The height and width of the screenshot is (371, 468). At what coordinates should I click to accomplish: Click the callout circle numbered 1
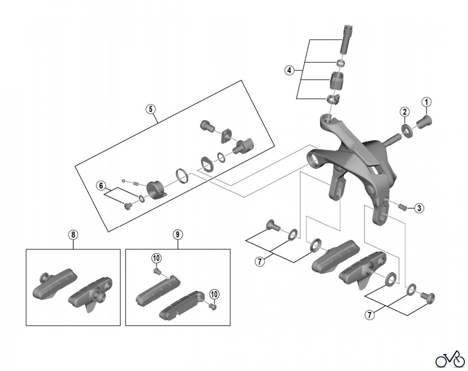coord(426,102)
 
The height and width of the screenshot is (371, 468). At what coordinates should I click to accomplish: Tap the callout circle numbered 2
coord(405,112)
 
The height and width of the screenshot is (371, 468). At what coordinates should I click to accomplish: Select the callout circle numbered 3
coord(419,208)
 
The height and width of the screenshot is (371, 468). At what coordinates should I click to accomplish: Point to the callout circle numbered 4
coord(289,70)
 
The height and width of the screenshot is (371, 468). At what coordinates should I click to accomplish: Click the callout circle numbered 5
coord(151,109)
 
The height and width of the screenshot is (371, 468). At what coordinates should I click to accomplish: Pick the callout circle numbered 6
coord(101,186)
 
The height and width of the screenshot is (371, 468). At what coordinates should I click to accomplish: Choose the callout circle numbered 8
coord(73,235)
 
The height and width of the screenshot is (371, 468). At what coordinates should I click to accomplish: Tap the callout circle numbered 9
coord(178,235)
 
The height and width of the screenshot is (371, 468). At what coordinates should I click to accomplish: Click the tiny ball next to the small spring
coord(123,180)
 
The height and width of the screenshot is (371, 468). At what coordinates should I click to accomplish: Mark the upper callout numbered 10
coord(157,258)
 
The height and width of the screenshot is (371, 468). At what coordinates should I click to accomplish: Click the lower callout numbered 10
coord(214,294)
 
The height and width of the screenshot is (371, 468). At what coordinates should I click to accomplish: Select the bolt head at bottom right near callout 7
coord(430,297)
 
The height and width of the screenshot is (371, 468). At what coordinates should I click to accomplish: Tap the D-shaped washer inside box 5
coord(207,164)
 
